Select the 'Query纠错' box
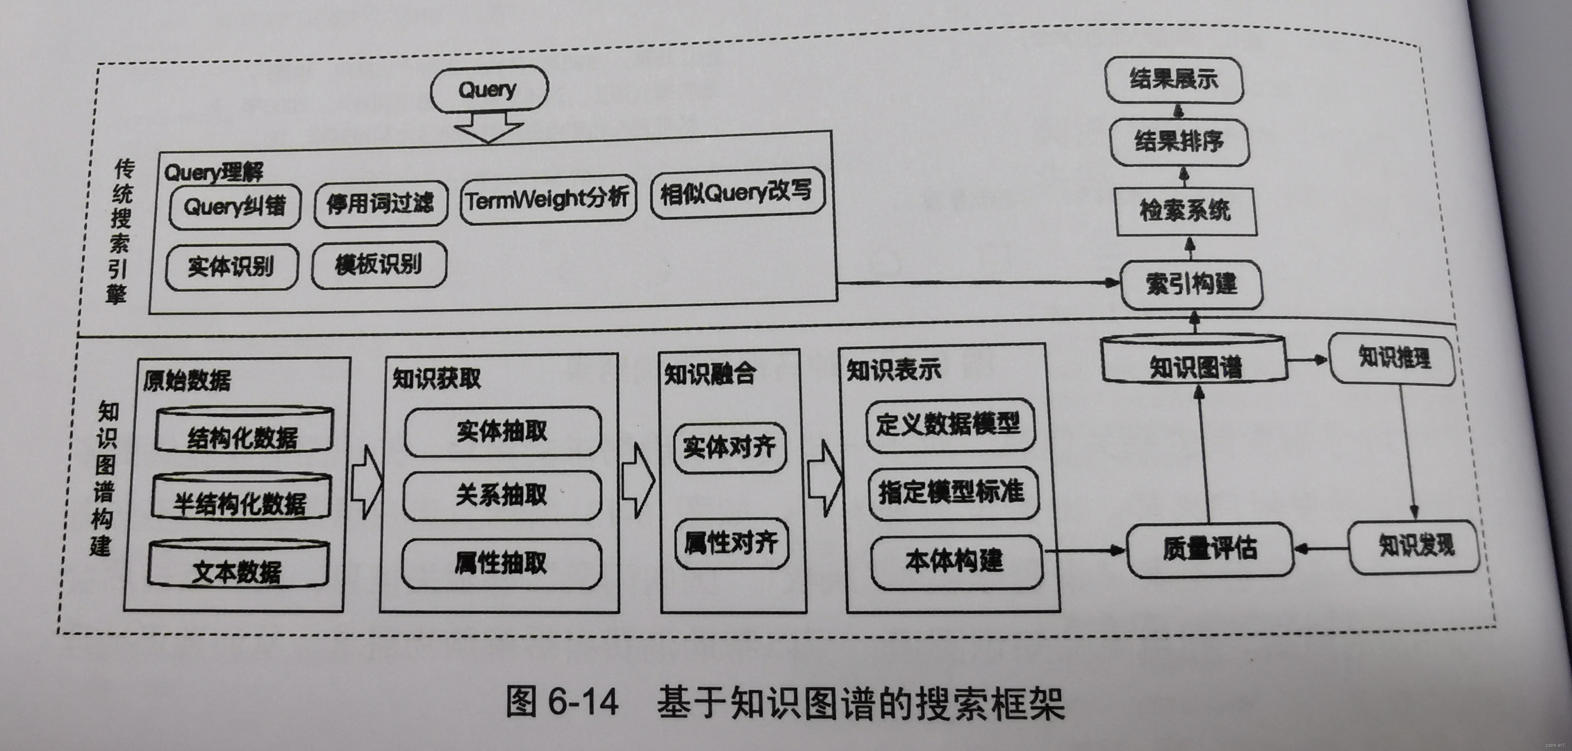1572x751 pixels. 235,206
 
